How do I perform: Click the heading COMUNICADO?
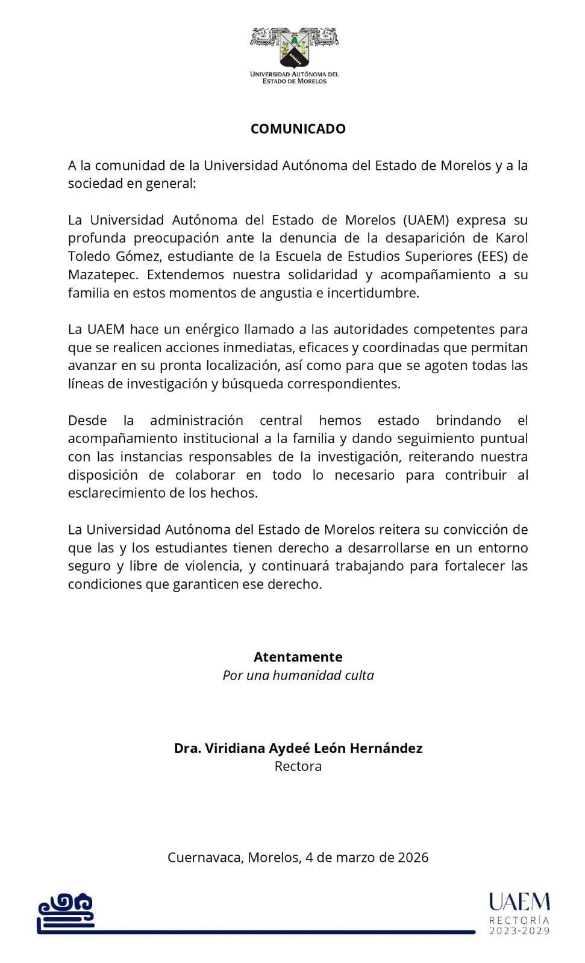click(298, 129)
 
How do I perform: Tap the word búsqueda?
click(256, 384)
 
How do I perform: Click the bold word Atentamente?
click(298, 657)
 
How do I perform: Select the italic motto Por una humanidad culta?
click(298, 675)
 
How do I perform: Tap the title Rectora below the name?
click(298, 766)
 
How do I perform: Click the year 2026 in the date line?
click(413, 857)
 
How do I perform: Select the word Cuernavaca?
click(205, 857)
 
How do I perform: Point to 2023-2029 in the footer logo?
click(519, 931)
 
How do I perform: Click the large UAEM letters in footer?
click(519, 902)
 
